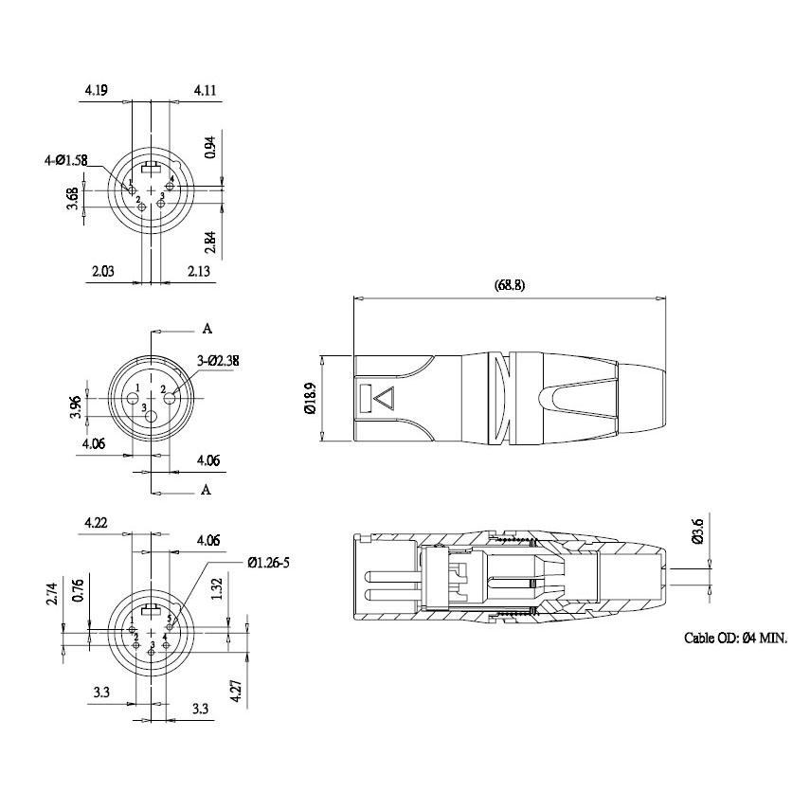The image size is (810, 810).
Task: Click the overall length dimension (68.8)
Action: (x=510, y=285)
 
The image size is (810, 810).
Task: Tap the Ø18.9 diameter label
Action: (x=311, y=398)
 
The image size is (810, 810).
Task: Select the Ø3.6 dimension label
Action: (x=697, y=531)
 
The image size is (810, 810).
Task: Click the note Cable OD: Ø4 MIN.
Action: (x=735, y=639)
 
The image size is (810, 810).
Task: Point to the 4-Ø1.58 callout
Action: (x=65, y=161)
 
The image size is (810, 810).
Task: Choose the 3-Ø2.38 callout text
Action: (x=218, y=360)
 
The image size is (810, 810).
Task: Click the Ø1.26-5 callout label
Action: (x=269, y=562)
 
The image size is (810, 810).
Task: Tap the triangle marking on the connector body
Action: (x=385, y=399)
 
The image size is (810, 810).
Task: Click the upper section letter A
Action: (x=207, y=329)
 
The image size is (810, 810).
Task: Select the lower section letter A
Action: (x=206, y=489)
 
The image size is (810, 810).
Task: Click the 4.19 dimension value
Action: (x=97, y=90)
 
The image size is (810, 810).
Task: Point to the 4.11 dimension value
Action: (x=205, y=90)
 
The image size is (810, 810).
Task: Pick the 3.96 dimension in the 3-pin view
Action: (x=76, y=406)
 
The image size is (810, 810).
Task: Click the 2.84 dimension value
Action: (x=210, y=242)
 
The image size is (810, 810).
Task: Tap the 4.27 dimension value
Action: (x=238, y=691)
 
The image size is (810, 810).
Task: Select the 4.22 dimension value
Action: (x=96, y=523)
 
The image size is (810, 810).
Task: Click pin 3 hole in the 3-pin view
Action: (x=152, y=416)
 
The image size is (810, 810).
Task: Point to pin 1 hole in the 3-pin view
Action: (x=133, y=398)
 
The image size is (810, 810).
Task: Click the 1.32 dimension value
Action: (x=217, y=588)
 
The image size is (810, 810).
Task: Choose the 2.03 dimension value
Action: (x=103, y=271)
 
